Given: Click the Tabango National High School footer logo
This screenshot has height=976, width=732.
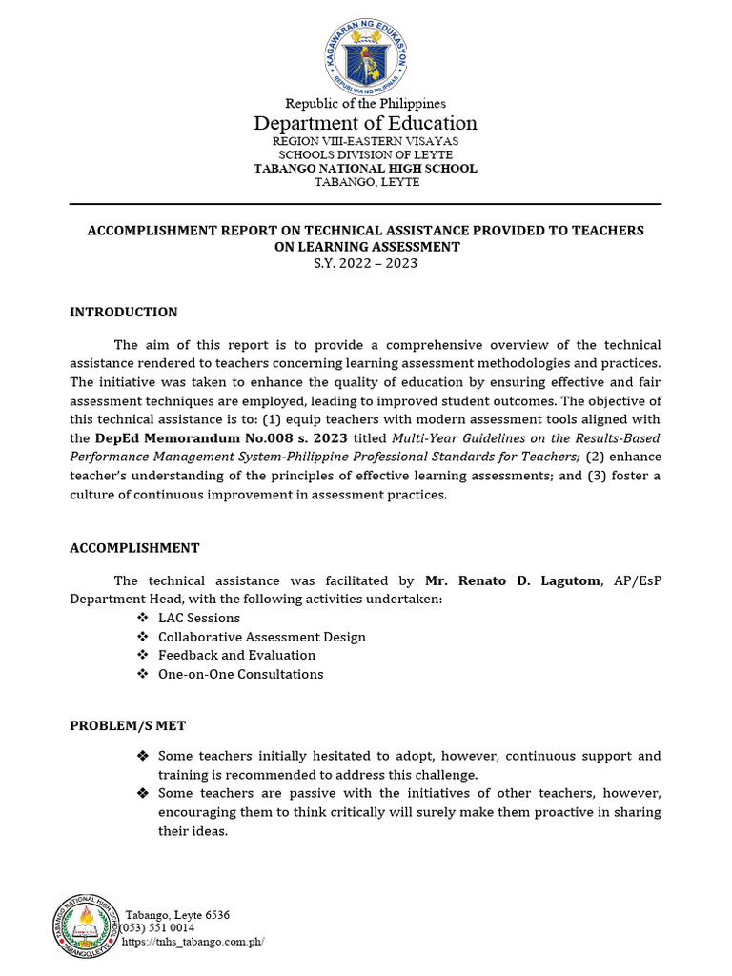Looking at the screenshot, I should point(86,925).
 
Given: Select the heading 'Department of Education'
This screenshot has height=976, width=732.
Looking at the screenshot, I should point(365,123).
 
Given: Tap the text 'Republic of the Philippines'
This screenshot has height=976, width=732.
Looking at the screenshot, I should point(365,103).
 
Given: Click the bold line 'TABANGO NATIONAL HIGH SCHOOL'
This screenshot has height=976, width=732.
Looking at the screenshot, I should point(365,169).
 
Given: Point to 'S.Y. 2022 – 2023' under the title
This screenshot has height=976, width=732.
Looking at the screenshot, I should point(365,263).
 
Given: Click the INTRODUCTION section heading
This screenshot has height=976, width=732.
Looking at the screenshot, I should point(124,312).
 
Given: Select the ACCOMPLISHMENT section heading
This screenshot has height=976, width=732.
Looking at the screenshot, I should point(134,548).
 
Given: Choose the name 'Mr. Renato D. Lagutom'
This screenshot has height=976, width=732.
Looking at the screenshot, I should point(513,580).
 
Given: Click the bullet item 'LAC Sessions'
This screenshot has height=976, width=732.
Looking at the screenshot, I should point(199,618).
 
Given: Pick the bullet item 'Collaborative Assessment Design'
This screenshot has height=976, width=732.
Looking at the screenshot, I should point(262,637).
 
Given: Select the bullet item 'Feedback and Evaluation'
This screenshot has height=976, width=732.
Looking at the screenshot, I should point(236,655).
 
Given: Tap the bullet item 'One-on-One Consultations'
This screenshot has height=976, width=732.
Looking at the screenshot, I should point(240,674).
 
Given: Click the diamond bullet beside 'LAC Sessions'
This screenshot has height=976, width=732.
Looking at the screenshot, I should point(142,618).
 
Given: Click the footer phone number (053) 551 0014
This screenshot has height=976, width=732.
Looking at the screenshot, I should point(157,927).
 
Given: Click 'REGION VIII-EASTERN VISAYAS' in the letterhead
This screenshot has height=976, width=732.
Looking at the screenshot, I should point(365,141).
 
